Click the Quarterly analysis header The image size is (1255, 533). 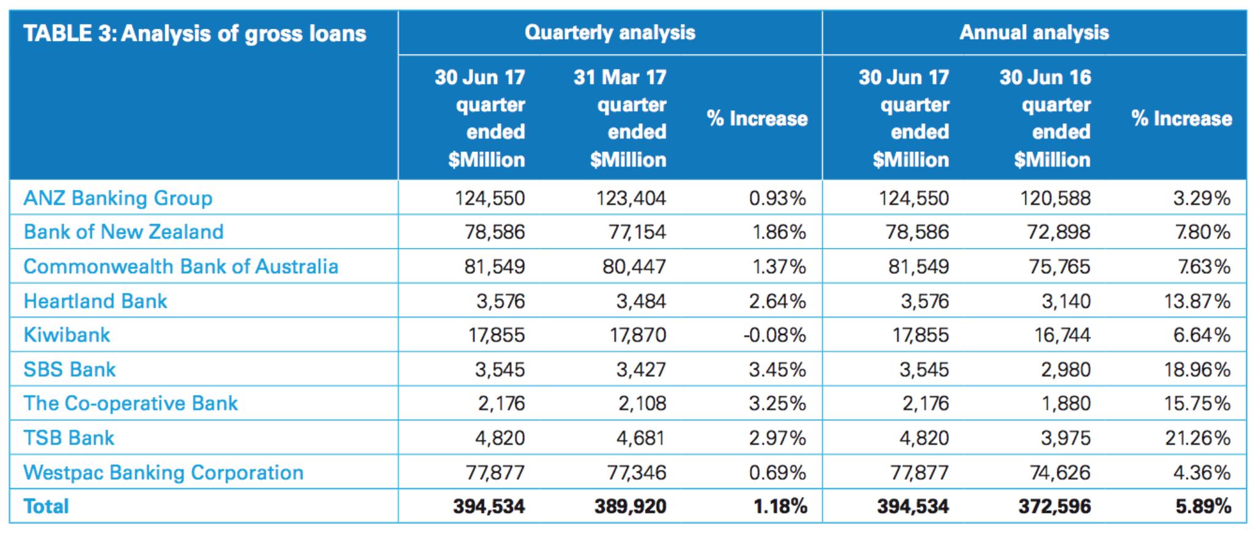click(x=610, y=32)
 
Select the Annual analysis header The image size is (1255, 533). click(x=1034, y=32)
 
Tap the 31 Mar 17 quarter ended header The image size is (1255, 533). click(x=620, y=118)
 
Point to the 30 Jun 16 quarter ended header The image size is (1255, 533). click(x=1045, y=118)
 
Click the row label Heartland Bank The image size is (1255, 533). click(x=95, y=301)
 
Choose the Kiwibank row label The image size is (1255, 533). click(x=67, y=335)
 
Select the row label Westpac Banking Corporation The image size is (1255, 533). click(x=163, y=472)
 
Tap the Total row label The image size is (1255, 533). click(x=46, y=506)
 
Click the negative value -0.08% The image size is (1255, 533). click(x=774, y=335)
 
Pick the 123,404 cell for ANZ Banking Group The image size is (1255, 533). click(x=631, y=198)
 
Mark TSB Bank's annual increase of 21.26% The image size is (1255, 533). click(x=1197, y=438)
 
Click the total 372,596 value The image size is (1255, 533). click(x=1054, y=506)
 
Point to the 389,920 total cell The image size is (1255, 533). click(x=630, y=506)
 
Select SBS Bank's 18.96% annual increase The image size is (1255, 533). click(x=1197, y=369)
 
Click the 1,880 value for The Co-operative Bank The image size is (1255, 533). click(x=1066, y=403)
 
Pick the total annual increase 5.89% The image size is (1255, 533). click(x=1203, y=506)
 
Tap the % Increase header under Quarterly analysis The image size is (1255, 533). click(x=757, y=118)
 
